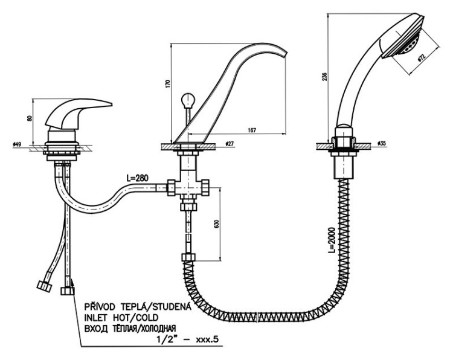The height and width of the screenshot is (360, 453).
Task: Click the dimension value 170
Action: (169, 83)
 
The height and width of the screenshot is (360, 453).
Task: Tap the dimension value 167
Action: (252, 130)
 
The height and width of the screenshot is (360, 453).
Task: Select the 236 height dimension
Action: (325, 76)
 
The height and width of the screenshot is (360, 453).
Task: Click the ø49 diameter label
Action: (17, 144)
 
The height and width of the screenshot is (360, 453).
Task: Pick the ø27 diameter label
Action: (229, 143)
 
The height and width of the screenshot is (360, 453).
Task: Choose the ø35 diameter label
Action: (382, 143)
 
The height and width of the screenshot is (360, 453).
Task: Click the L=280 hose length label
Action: (137, 178)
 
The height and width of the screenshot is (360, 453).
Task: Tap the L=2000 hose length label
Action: (332, 240)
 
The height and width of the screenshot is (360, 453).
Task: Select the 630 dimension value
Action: (217, 224)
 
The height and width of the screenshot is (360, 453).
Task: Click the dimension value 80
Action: (29, 118)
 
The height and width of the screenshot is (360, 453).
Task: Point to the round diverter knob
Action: (187, 100)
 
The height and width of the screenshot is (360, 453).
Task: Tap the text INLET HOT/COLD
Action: (121, 318)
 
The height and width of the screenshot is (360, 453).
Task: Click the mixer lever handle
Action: (78, 114)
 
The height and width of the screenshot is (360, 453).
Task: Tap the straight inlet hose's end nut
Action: (68, 291)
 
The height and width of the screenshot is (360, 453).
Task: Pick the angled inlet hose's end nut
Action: (45, 286)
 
